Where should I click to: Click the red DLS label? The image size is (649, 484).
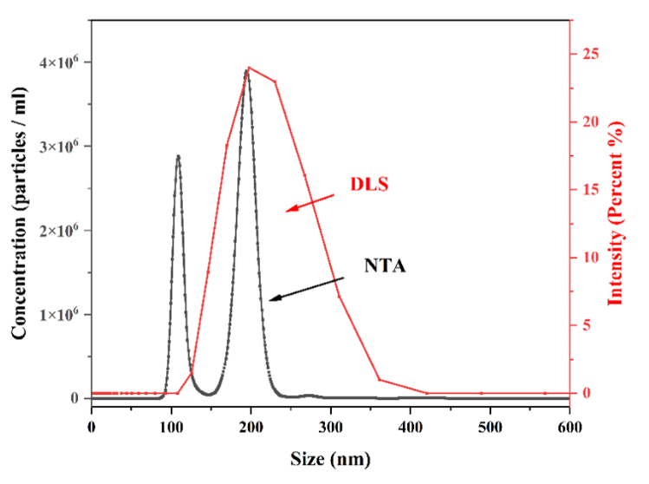click(370, 185)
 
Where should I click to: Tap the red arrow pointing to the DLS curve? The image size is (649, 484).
click(310, 202)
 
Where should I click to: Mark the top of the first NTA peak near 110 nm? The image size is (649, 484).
click(178, 156)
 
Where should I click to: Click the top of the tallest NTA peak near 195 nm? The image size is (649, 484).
click(247, 71)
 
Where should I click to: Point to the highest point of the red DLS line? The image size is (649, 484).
click(250, 67)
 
